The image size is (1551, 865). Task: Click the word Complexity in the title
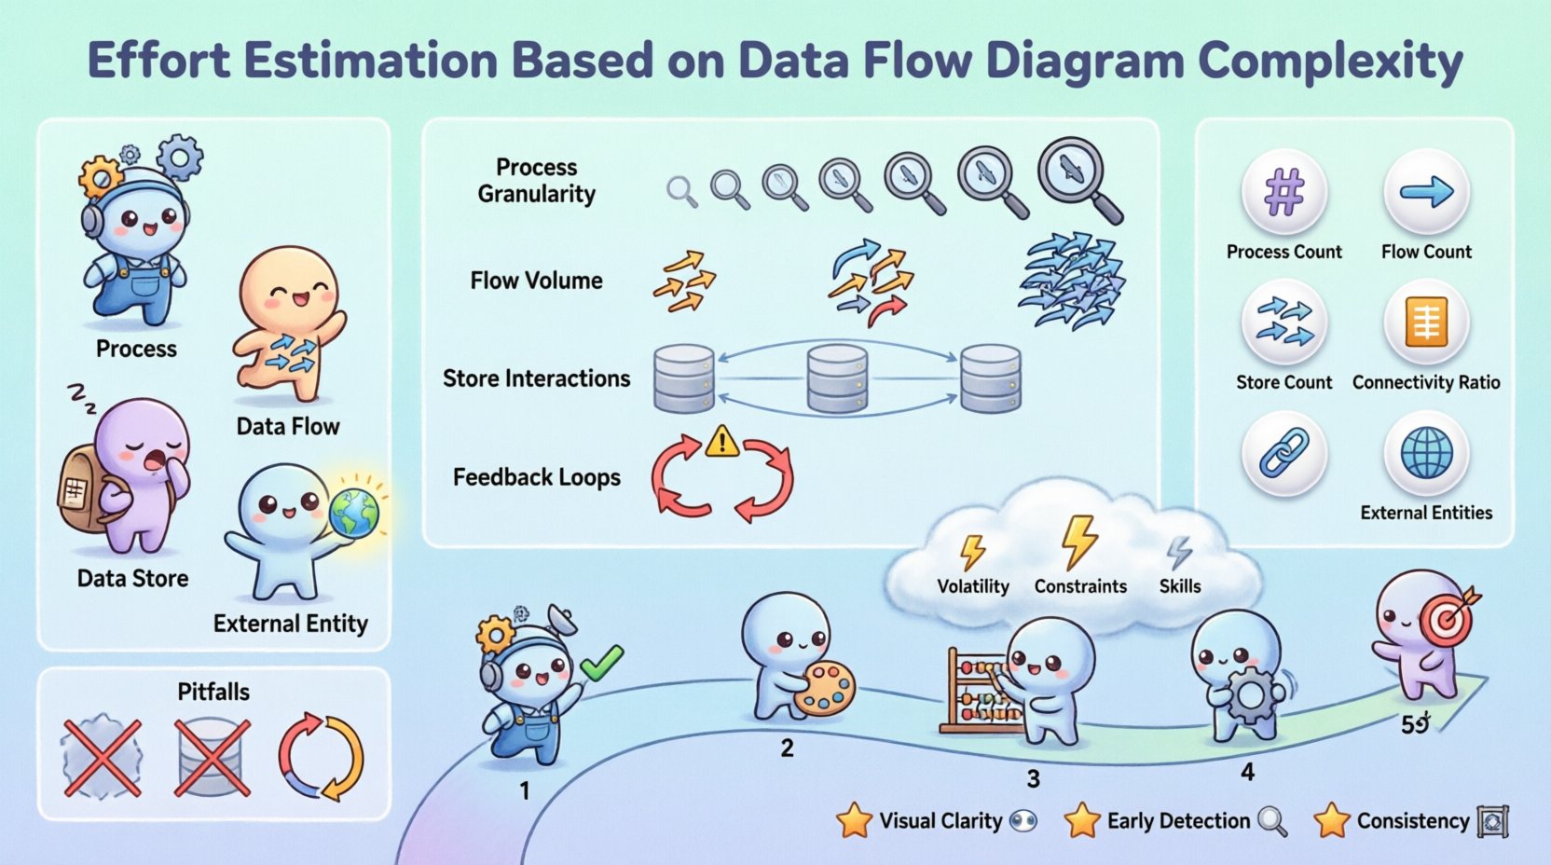[x=1330, y=62]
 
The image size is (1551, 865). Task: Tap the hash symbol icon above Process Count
[x=1283, y=193]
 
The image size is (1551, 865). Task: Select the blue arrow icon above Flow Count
[x=1426, y=192]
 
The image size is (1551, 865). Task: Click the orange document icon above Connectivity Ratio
[x=1426, y=323]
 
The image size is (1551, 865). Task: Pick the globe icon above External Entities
[x=1426, y=454]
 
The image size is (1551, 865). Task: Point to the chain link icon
[x=1283, y=454]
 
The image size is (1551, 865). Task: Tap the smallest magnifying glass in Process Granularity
[x=681, y=191]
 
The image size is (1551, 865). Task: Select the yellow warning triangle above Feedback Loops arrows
[x=721, y=441]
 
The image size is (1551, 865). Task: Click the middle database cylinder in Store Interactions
[x=837, y=378]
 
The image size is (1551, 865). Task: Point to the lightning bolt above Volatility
[x=972, y=552]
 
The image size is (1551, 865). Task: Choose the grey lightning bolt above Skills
[x=1179, y=553]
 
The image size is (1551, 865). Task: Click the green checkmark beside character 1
[x=601, y=663]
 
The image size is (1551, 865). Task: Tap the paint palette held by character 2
[x=824, y=689]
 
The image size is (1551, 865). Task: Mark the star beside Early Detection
[x=1082, y=821]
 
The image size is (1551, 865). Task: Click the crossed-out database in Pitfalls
[x=213, y=757]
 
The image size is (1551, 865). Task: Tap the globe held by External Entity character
[x=354, y=512]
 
